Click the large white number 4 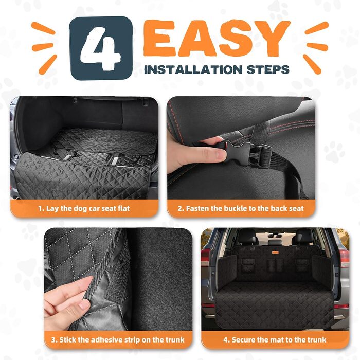click(100, 48)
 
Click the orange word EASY click(217, 38)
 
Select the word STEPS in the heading click(268, 69)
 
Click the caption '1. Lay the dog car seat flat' click(84, 208)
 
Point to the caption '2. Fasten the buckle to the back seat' click(241, 208)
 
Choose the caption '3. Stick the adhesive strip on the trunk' click(118, 339)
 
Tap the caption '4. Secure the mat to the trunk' click(275, 339)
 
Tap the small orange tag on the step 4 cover click(275, 253)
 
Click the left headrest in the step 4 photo click(247, 238)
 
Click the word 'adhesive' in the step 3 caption click(105, 339)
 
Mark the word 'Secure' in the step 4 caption click(243, 340)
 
